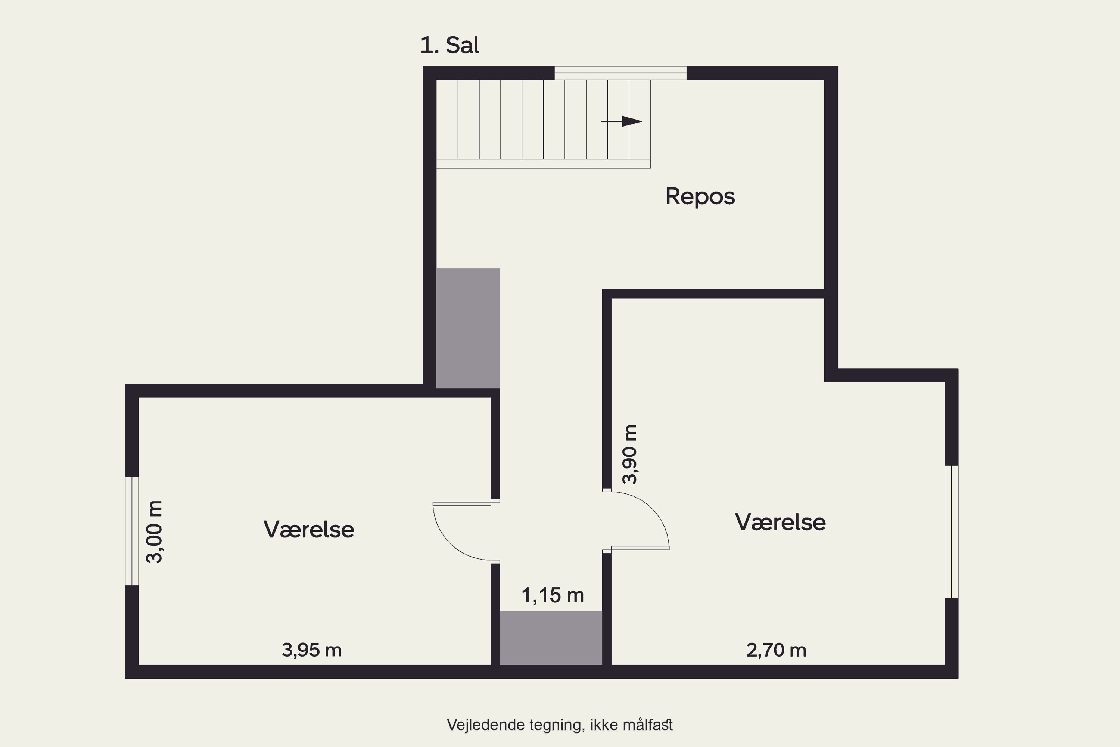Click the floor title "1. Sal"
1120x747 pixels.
tap(449, 46)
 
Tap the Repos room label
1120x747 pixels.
tap(700, 197)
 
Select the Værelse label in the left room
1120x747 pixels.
tap(309, 530)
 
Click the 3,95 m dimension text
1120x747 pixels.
tap(312, 650)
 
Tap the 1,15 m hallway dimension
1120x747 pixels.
tap(553, 595)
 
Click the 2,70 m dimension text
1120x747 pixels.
tap(776, 650)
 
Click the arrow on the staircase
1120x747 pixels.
tap(622, 121)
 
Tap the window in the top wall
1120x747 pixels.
tap(620, 73)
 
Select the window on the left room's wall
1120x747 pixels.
tap(132, 531)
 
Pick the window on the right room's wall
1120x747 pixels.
tap(951, 531)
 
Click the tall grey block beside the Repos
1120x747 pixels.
tap(468, 328)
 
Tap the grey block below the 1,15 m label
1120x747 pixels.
tap(551, 638)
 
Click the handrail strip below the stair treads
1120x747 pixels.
tap(543, 164)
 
